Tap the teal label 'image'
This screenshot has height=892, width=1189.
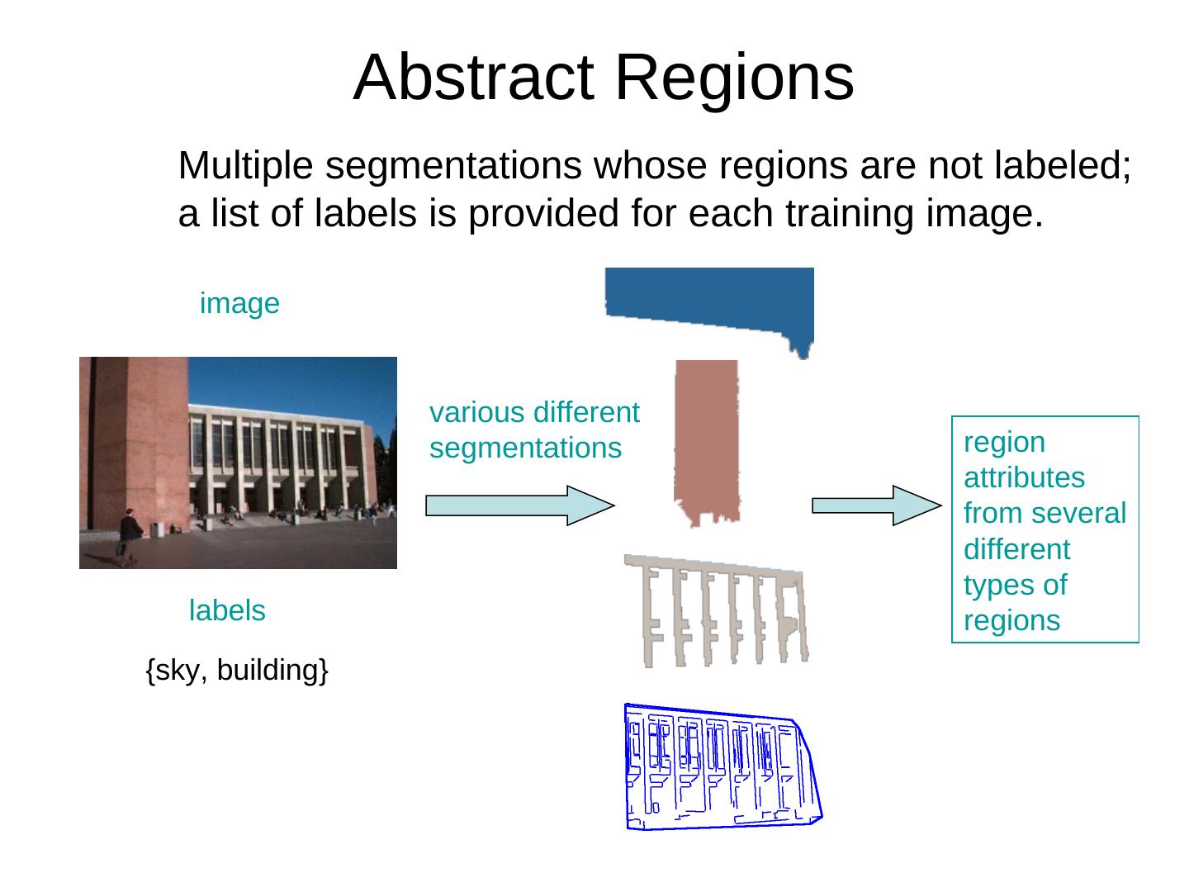click(x=239, y=304)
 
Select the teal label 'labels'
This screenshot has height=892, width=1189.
click(x=227, y=611)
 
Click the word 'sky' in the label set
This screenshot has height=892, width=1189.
click(x=176, y=671)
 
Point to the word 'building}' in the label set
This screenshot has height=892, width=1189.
click(x=273, y=671)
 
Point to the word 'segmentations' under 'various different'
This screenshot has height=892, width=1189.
click(x=525, y=448)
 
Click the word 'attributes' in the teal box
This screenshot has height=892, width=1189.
click(x=1024, y=478)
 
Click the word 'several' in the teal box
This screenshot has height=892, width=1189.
click(x=1086, y=514)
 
